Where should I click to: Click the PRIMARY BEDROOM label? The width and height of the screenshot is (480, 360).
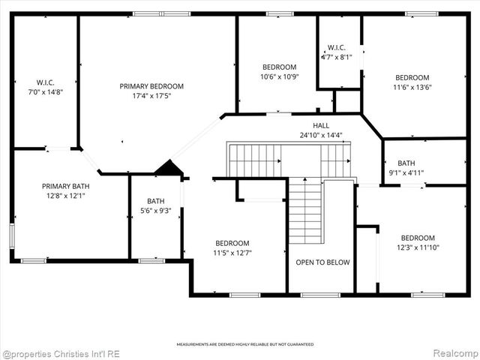(x=151, y=86)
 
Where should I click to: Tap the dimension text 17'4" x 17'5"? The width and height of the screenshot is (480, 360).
(x=151, y=95)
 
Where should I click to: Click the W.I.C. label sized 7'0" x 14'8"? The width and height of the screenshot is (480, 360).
(x=46, y=82)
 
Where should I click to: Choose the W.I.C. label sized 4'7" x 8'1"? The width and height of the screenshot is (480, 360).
(x=336, y=47)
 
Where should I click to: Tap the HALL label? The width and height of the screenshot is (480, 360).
(x=321, y=126)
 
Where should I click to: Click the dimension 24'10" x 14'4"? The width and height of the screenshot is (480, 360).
(x=321, y=135)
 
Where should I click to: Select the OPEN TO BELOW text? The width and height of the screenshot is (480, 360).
(x=322, y=262)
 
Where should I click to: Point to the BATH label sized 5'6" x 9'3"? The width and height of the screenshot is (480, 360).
(x=155, y=201)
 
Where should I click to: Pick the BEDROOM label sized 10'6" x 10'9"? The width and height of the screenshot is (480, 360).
(x=279, y=67)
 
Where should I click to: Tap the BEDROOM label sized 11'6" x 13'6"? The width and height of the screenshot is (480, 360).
(x=412, y=78)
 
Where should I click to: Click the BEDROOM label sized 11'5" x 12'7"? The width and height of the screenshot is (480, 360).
(x=232, y=243)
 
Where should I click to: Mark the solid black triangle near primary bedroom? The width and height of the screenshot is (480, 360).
(x=170, y=169)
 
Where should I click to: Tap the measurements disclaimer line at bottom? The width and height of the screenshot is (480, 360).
(x=245, y=344)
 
